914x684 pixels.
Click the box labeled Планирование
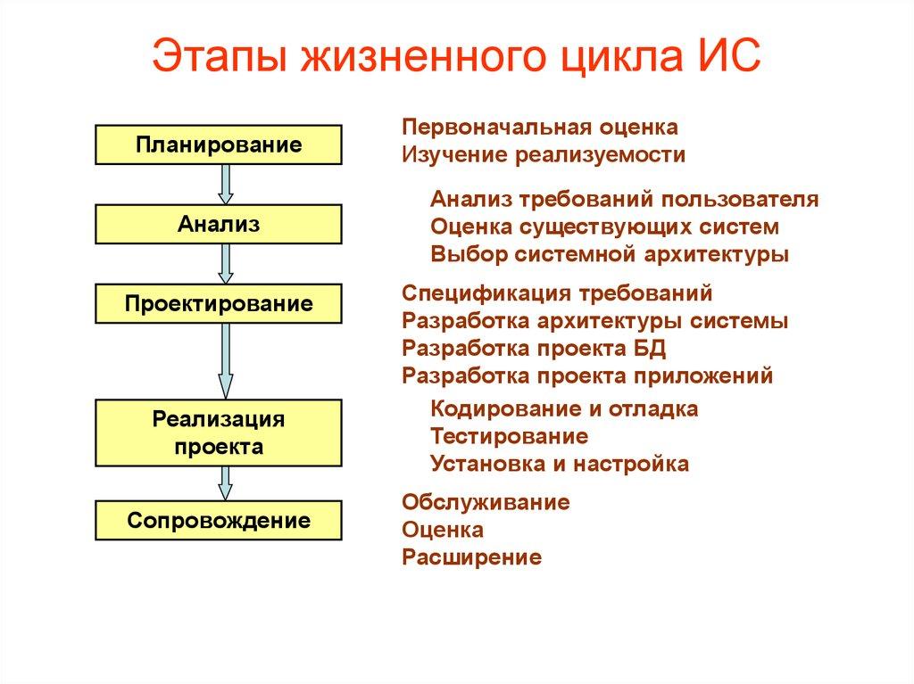[219, 144]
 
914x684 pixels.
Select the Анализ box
[219, 224]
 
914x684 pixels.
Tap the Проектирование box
[219, 303]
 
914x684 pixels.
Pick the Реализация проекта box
[219, 433]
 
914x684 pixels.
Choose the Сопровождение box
[219, 520]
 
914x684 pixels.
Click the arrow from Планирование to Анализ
[226, 184]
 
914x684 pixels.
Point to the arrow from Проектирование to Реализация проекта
[226, 360]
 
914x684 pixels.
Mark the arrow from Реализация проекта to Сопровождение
[226, 482]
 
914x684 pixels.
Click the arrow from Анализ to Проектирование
[226, 263]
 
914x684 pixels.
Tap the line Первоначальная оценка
[540, 128]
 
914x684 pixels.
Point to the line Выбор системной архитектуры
[610, 254]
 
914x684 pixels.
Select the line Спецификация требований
[557, 293]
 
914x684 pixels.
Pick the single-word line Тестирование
[509, 437]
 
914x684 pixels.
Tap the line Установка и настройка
[560, 465]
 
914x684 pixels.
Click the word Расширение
[471, 558]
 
